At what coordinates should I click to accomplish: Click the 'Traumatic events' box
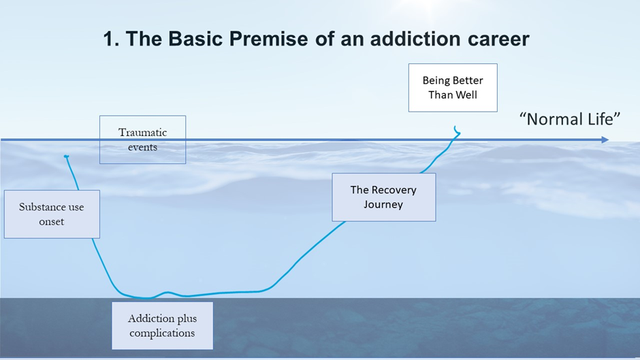[x=142, y=140]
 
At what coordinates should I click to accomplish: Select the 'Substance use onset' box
[x=52, y=214]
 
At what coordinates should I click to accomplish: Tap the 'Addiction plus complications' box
[x=162, y=326]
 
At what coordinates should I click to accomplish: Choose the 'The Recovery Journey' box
[x=383, y=197]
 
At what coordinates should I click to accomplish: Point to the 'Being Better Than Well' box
[x=453, y=88]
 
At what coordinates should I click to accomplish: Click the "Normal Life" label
[x=571, y=119]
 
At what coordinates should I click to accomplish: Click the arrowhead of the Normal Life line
[x=605, y=140]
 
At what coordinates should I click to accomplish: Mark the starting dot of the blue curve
[x=66, y=157]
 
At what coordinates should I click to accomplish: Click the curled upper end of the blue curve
[x=457, y=129]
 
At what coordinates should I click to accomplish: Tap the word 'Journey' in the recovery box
[x=383, y=205]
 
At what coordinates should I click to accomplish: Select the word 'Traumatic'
[x=142, y=132]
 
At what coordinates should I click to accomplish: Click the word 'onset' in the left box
[x=52, y=222]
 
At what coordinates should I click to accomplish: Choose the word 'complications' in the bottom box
[x=162, y=333]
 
